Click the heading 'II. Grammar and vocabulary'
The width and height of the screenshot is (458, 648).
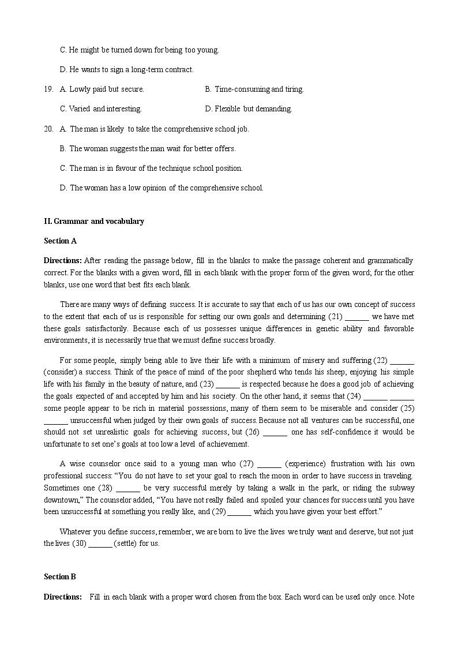(x=94, y=221)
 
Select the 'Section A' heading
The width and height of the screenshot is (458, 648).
(x=60, y=241)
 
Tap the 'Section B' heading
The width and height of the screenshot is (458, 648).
(x=60, y=576)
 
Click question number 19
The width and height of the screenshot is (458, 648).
(x=48, y=89)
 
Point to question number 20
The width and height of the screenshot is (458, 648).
(x=48, y=129)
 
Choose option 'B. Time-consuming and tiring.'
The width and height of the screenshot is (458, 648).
(x=254, y=89)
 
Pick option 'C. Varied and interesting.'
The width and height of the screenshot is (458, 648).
(x=101, y=108)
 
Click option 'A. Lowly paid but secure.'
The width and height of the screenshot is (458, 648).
(x=102, y=89)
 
